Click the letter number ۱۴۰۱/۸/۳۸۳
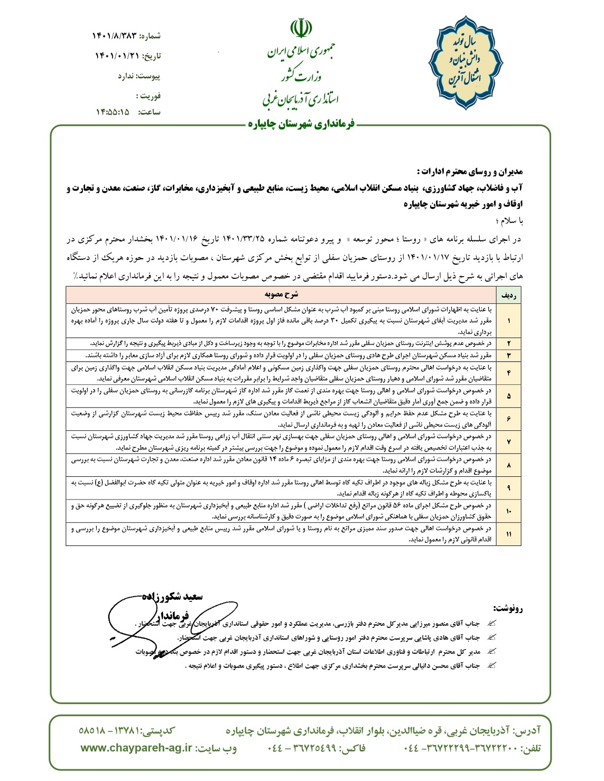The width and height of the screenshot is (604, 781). click(x=115, y=36)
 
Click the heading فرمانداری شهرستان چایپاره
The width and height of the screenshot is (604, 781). click(x=301, y=125)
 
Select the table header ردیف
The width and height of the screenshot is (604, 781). click(x=508, y=294)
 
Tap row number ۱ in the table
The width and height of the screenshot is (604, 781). click(x=508, y=321)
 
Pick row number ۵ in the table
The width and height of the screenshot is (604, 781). click(x=508, y=396)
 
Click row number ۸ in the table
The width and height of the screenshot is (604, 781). click(x=508, y=465)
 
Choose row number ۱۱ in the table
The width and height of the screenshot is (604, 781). click(x=508, y=534)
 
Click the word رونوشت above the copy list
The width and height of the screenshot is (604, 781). click(x=507, y=608)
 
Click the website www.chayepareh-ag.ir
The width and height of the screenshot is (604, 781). click(x=136, y=748)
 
